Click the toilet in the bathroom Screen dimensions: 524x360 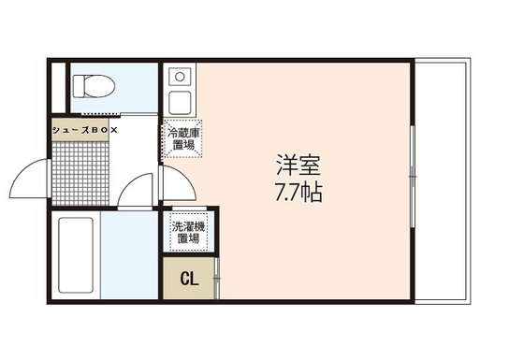(94, 86)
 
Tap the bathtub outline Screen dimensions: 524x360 (76, 255)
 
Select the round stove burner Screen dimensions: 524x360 (180, 77)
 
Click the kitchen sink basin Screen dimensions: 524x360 (180, 103)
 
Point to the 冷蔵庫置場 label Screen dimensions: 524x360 (183, 139)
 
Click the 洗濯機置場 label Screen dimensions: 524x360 (188, 233)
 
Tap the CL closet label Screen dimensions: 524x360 (189, 279)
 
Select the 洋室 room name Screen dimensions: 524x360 (298, 165)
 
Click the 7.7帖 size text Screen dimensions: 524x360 (298, 193)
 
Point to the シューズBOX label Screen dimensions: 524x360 (85, 130)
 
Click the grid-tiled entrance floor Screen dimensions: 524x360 (80, 173)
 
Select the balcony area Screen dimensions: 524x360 (443, 180)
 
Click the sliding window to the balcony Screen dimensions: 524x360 (413, 177)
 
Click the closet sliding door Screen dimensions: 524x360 (216, 278)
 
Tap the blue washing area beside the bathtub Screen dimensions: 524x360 (129, 255)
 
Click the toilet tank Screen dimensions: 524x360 (79, 86)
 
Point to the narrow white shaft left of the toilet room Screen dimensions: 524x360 (58, 88)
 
